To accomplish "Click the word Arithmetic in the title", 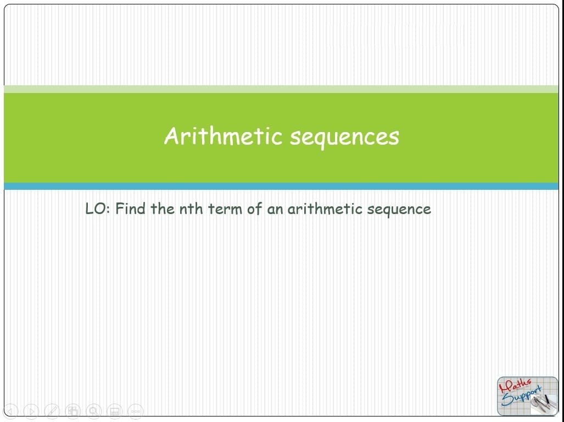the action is click(x=223, y=136).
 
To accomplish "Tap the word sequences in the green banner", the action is click(x=344, y=138).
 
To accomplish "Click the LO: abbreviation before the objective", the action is click(x=97, y=209).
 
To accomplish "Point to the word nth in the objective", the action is click(x=191, y=209).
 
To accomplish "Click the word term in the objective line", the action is click(x=225, y=209).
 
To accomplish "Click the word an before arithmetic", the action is click(x=275, y=210).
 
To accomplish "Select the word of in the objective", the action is click(x=254, y=209).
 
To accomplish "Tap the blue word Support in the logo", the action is click(x=521, y=396).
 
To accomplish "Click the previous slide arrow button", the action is click(x=10, y=411).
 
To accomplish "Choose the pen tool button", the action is click(x=52, y=411).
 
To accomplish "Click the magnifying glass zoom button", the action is click(x=93, y=411).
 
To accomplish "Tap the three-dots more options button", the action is click(x=136, y=411).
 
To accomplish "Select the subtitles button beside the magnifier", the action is click(x=114, y=411).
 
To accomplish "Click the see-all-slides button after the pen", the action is click(x=72, y=411).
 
